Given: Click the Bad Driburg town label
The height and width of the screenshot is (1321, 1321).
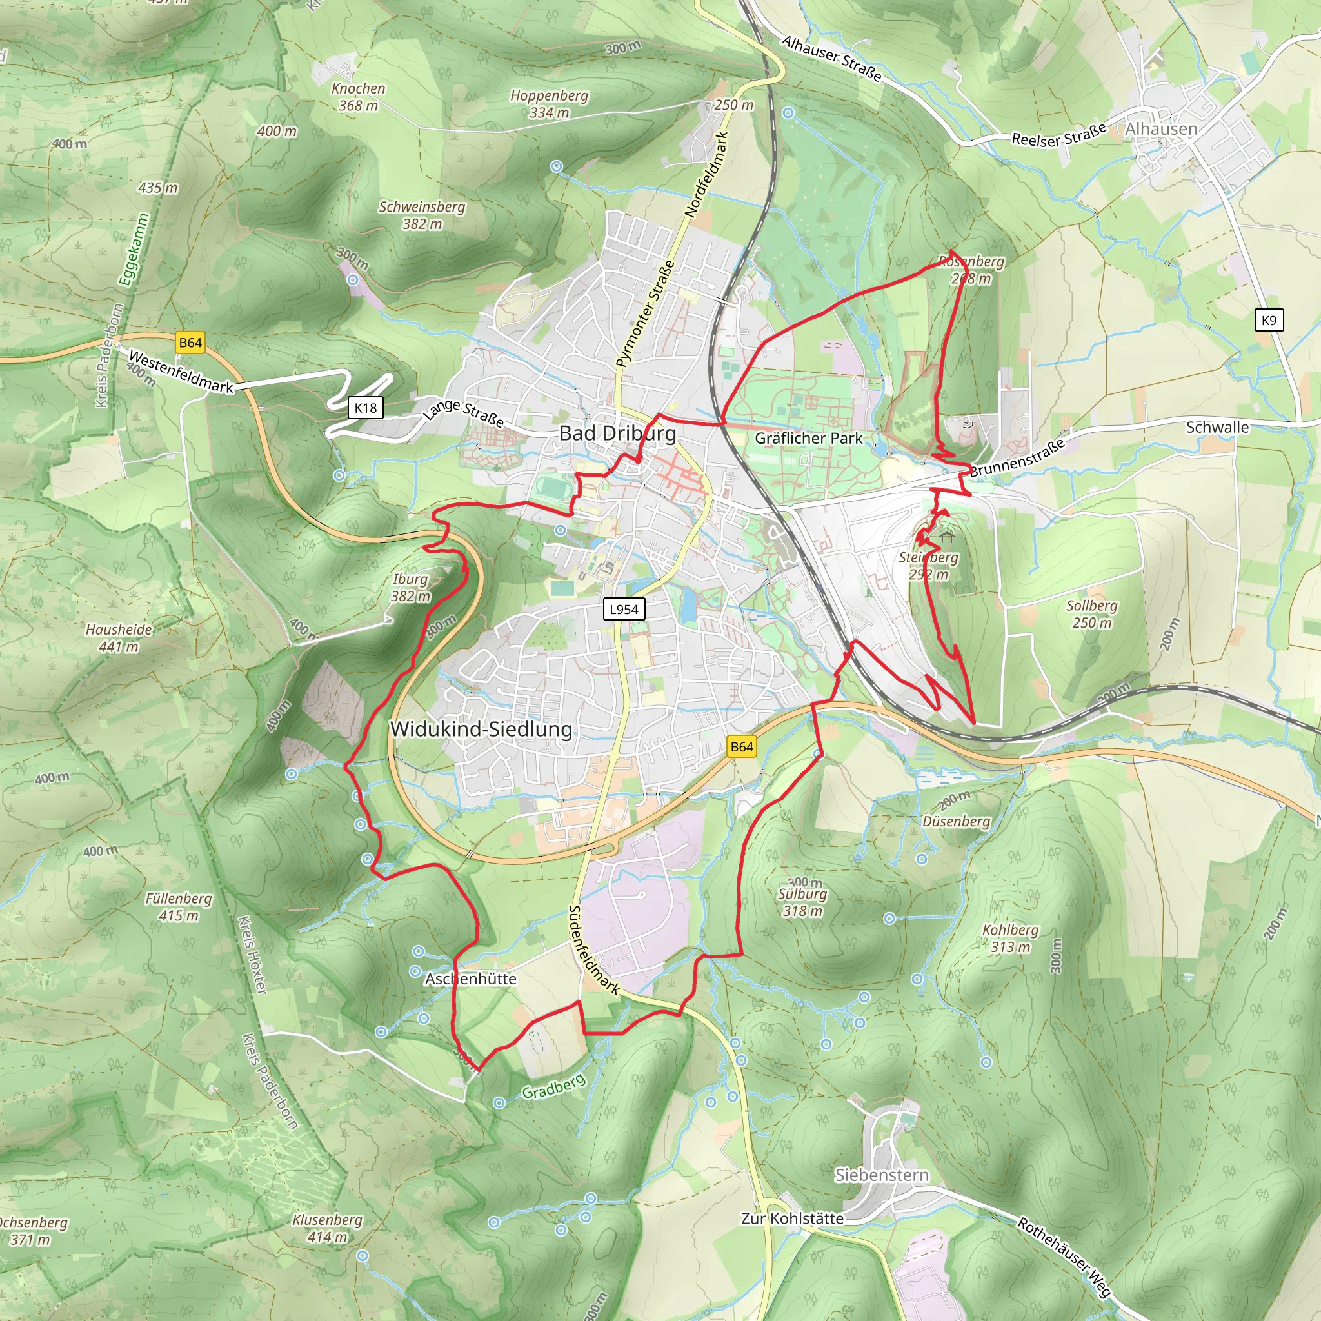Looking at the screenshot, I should (x=617, y=433).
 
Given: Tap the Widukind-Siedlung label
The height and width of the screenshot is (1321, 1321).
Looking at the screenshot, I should (x=481, y=729).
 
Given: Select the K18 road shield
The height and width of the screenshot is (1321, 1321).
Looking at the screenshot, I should (x=365, y=408).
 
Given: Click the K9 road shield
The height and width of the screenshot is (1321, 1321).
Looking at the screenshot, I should (x=1268, y=320).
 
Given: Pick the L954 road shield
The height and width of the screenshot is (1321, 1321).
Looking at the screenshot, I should (x=624, y=609).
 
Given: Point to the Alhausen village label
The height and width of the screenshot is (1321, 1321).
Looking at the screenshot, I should (x=1161, y=128).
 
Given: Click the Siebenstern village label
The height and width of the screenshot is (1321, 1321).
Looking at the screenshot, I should (x=881, y=1175).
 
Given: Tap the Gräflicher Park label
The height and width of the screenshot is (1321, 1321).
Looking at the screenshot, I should (x=808, y=438).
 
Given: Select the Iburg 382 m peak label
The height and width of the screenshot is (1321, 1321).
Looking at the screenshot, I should (x=410, y=588).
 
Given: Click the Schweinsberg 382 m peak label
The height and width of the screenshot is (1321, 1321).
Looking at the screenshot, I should (x=422, y=215).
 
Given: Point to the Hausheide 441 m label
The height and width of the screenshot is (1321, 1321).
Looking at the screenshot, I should (x=118, y=637).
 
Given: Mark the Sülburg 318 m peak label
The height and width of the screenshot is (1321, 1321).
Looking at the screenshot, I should (x=802, y=902).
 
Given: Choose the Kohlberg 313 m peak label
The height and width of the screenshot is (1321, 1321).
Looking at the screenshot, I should (x=1010, y=938).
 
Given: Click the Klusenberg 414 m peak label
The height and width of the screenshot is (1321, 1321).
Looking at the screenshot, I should (x=327, y=1228).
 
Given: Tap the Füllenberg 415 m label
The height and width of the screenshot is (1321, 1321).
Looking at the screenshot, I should (x=179, y=907).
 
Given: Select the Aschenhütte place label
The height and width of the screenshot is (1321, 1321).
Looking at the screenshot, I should (x=470, y=978).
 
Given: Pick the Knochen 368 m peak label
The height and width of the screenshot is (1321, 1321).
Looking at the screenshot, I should (x=358, y=96).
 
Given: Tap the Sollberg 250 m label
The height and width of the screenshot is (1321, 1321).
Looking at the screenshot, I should (x=1091, y=614).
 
